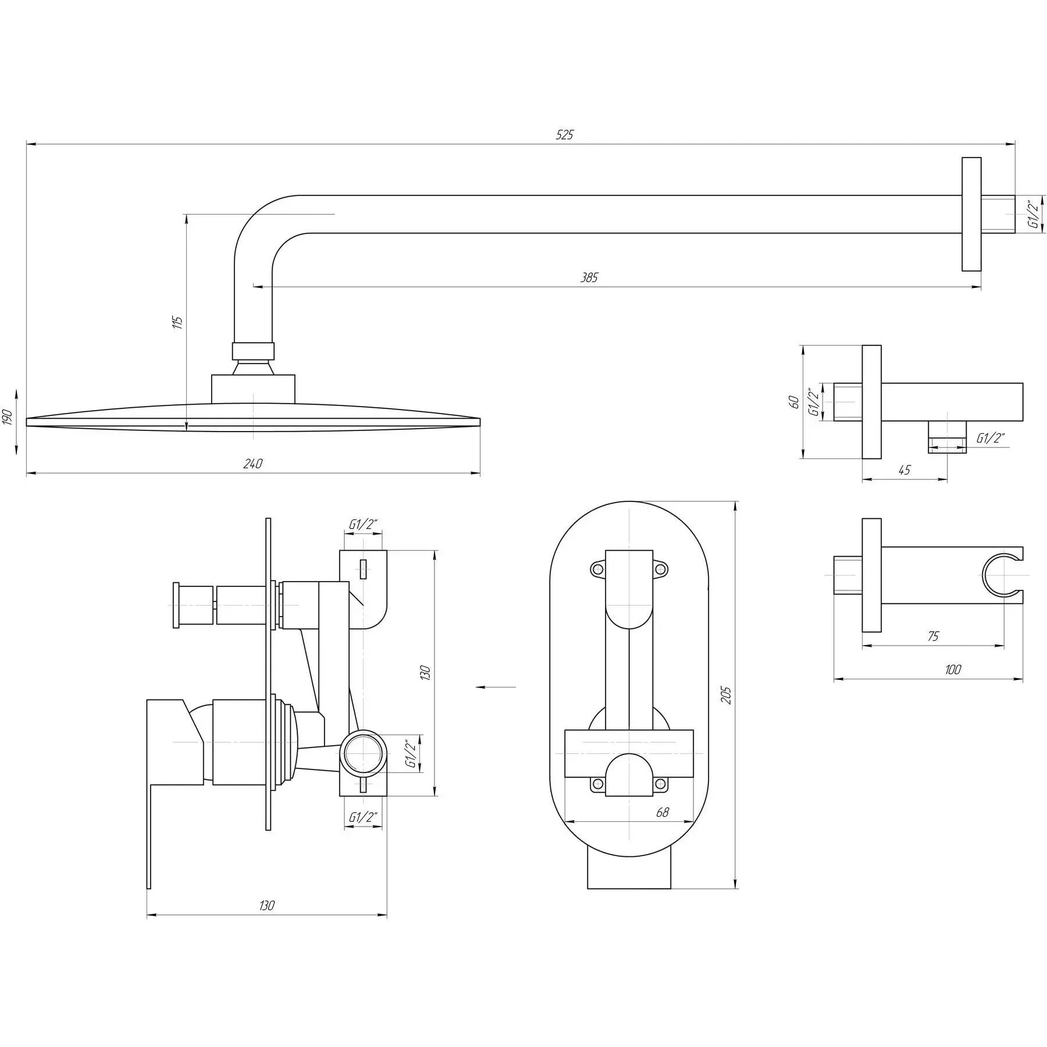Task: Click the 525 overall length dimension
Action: click(x=564, y=135)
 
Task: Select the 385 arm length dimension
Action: click(x=589, y=277)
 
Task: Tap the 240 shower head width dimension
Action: click(x=253, y=464)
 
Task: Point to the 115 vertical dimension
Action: click(x=179, y=322)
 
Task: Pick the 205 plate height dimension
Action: click(x=727, y=695)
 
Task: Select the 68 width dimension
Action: click(x=662, y=813)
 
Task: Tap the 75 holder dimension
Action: click(x=932, y=636)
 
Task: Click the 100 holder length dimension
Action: click(x=953, y=669)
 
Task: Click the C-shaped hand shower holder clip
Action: click(x=1003, y=575)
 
